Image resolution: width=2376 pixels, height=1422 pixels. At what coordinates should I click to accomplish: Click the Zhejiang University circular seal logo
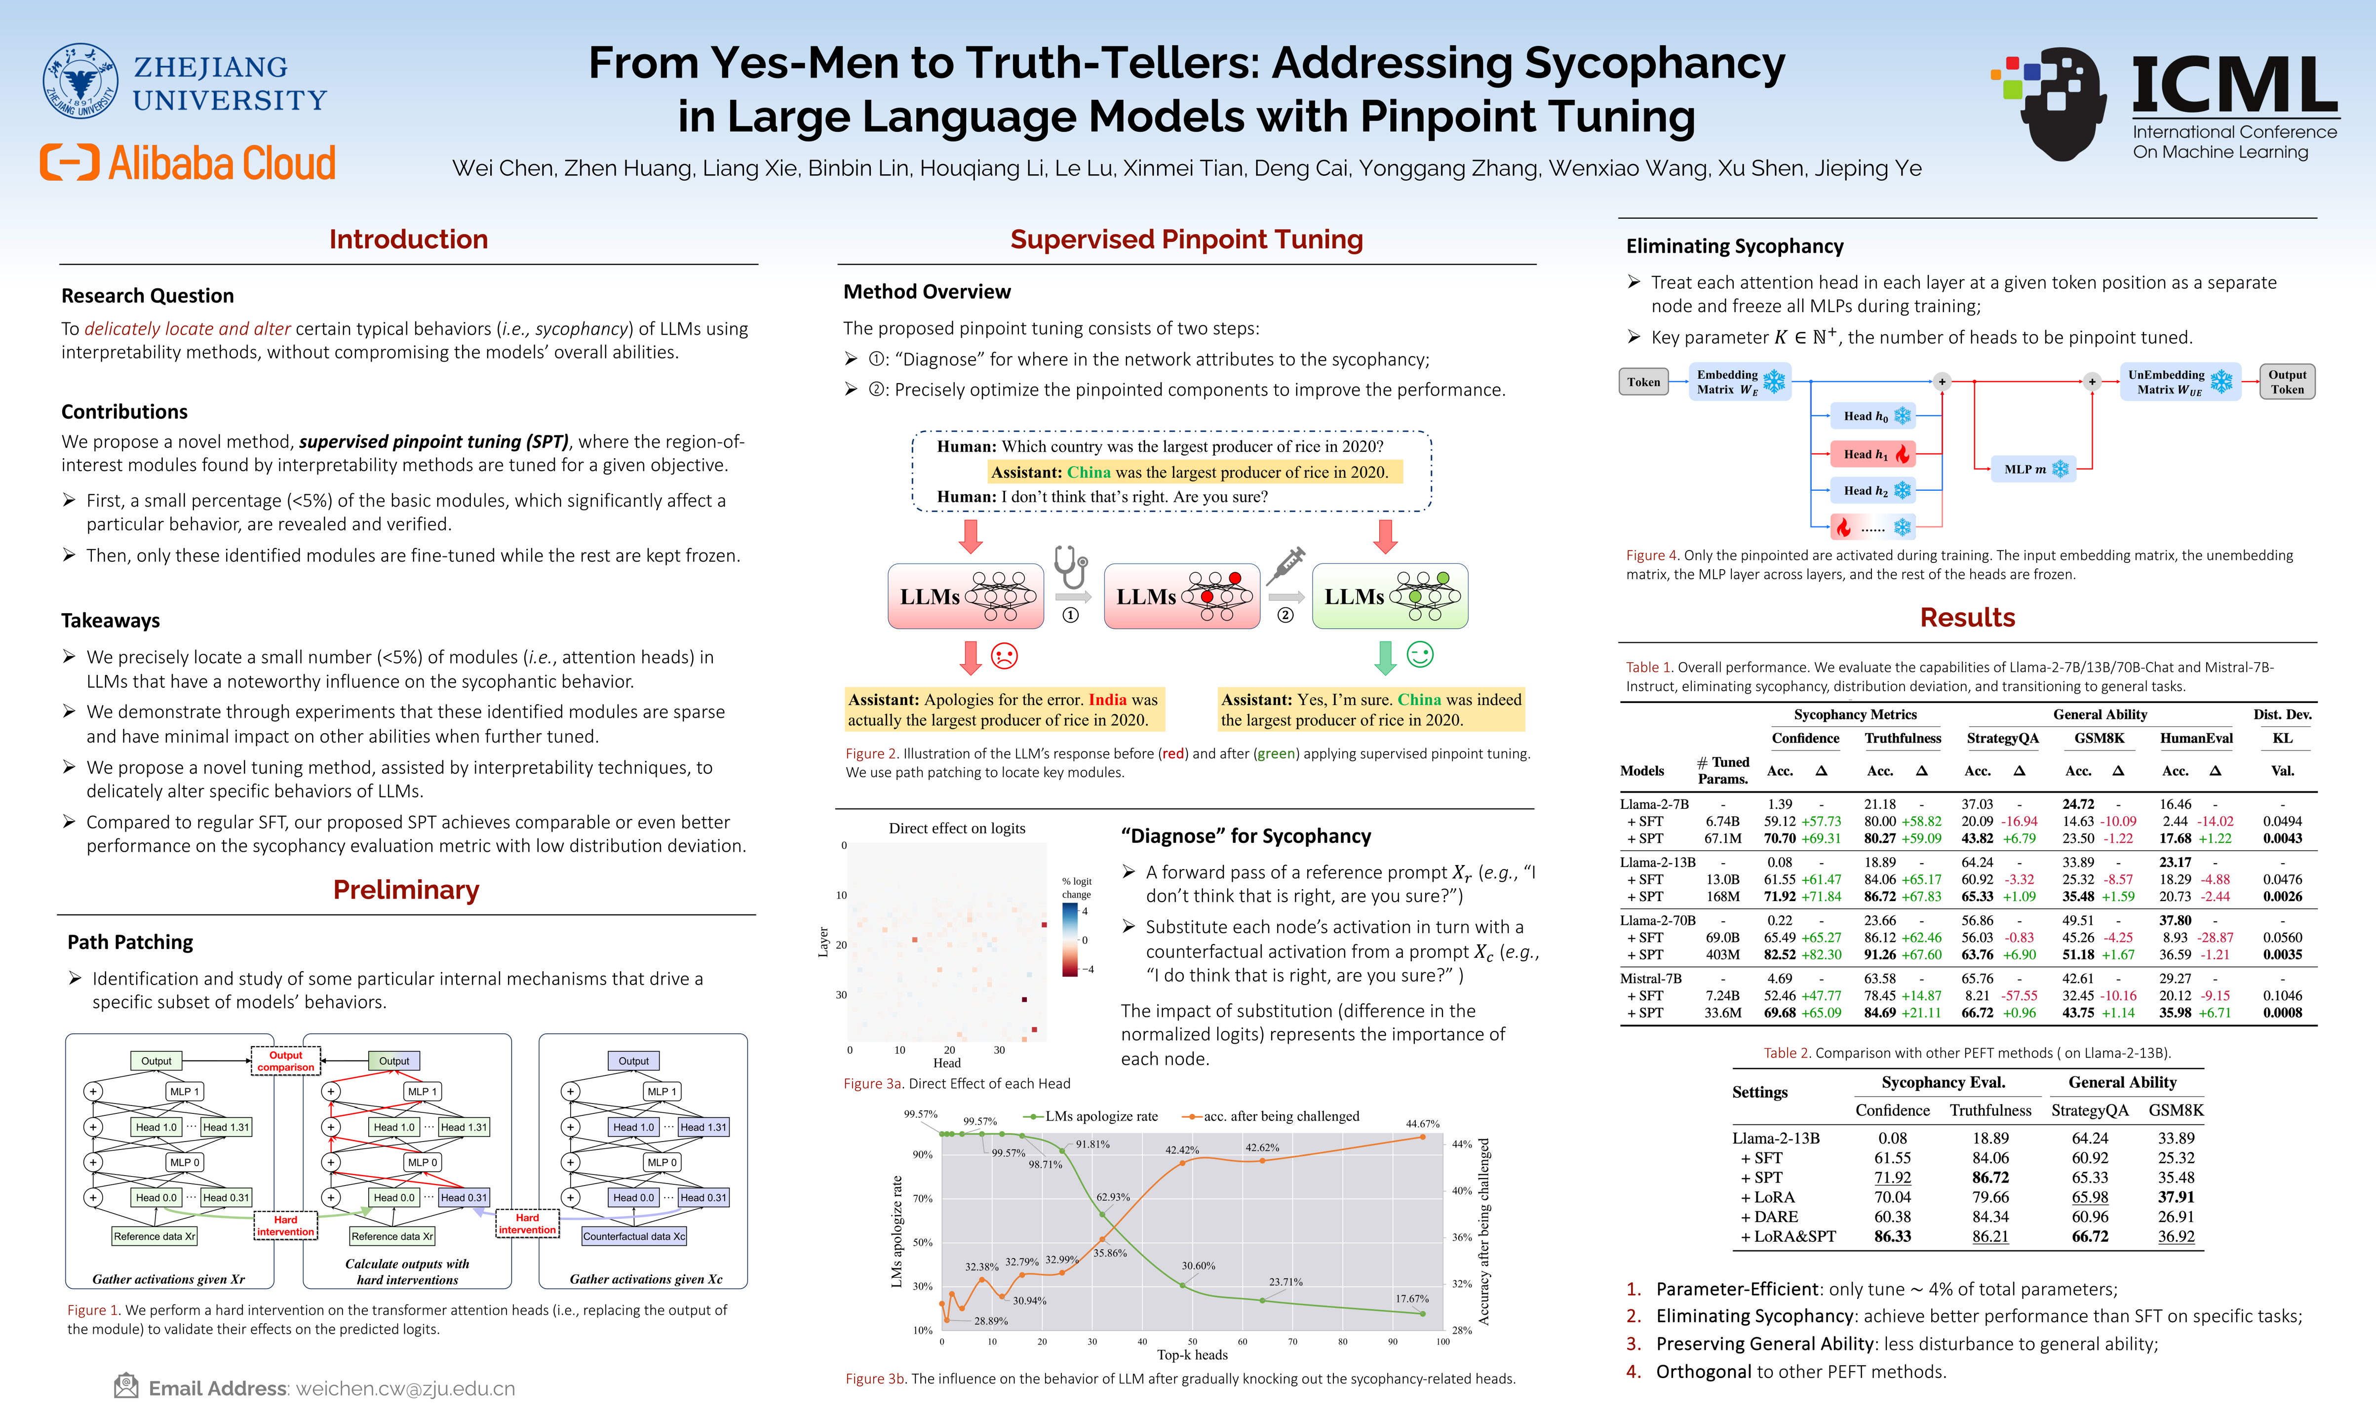[80, 80]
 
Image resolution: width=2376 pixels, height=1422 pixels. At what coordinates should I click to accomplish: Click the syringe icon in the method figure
[1285, 565]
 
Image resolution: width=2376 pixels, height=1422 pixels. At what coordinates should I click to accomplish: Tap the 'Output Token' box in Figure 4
[2287, 381]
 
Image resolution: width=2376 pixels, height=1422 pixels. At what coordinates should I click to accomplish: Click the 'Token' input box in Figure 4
[1643, 381]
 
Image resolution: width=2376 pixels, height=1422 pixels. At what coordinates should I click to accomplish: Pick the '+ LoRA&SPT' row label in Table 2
[1788, 1236]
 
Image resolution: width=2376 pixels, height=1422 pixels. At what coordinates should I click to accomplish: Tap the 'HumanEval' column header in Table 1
[2196, 738]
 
